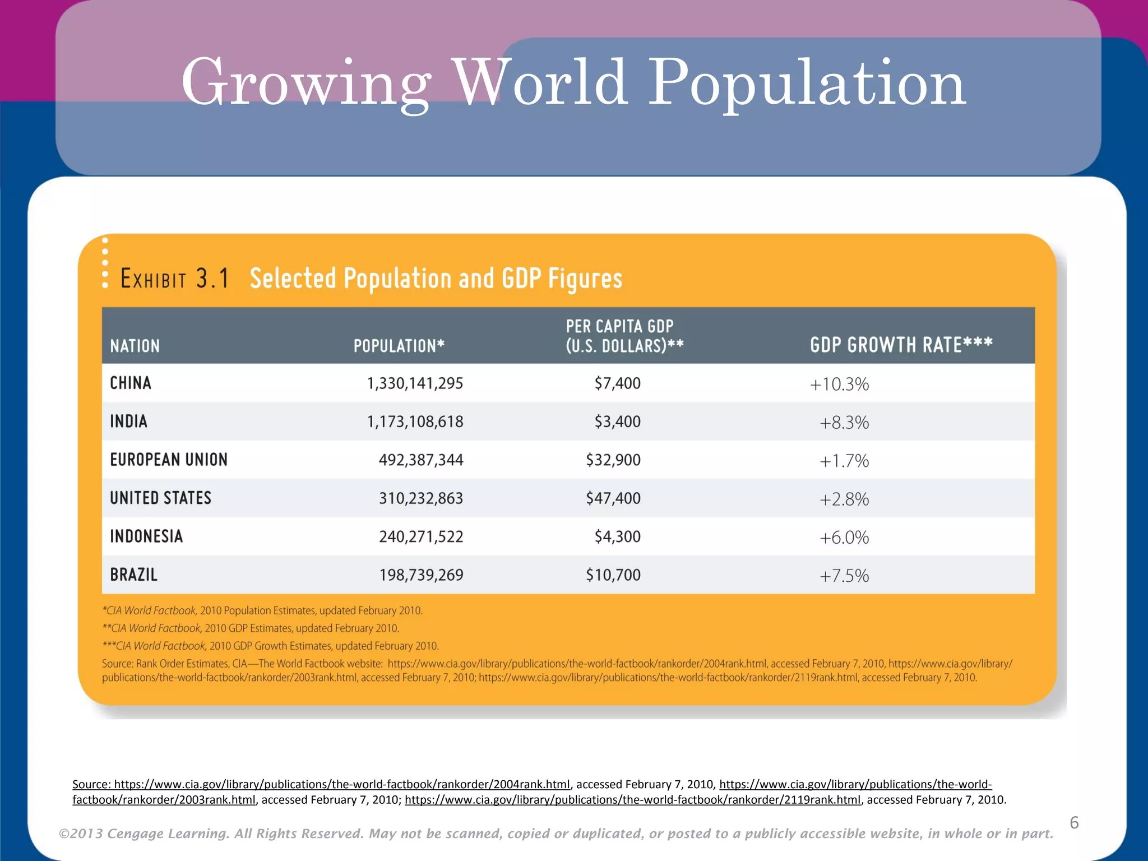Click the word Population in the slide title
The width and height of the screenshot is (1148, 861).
(x=807, y=84)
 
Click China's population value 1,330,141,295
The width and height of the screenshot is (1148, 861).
(x=415, y=383)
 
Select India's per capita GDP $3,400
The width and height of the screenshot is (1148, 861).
(x=617, y=422)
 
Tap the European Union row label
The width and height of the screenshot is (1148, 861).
(x=169, y=460)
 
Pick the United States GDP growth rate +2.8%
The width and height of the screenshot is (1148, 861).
(x=844, y=499)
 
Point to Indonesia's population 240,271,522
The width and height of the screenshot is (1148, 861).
(x=421, y=537)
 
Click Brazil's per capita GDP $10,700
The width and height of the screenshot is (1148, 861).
(x=613, y=575)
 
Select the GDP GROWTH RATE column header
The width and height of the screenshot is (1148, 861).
(x=901, y=345)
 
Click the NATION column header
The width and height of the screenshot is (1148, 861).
(x=135, y=346)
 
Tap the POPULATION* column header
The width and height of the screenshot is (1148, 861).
(x=399, y=346)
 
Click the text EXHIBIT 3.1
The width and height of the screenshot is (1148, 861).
(x=174, y=279)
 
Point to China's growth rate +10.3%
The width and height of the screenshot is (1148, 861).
(x=839, y=385)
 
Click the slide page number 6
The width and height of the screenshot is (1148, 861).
(x=1074, y=822)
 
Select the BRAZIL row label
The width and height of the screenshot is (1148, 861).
(x=133, y=575)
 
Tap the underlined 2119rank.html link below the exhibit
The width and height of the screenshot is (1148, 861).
(x=632, y=800)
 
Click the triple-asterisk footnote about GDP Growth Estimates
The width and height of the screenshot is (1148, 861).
(x=270, y=646)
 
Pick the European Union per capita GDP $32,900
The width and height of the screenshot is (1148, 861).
(x=613, y=460)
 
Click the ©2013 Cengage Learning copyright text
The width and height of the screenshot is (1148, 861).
(x=556, y=834)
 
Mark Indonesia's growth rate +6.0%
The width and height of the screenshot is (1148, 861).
(x=844, y=538)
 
